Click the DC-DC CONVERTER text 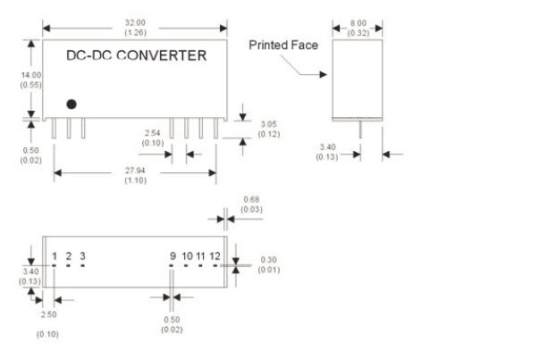136,56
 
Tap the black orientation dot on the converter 72,105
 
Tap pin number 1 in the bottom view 55,257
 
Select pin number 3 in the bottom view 82,257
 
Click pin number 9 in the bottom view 173,257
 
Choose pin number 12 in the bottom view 215,257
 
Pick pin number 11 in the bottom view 201,257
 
